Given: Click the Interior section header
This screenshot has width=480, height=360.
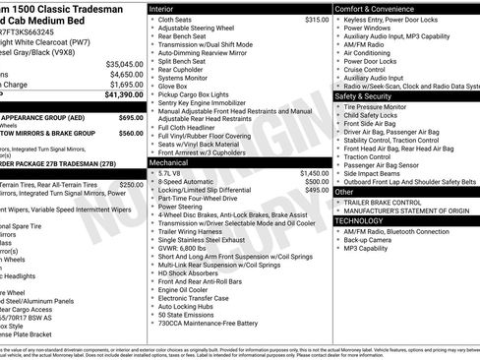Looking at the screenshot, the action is click(164, 8).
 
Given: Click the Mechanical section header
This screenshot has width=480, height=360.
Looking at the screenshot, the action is click(170, 163).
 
